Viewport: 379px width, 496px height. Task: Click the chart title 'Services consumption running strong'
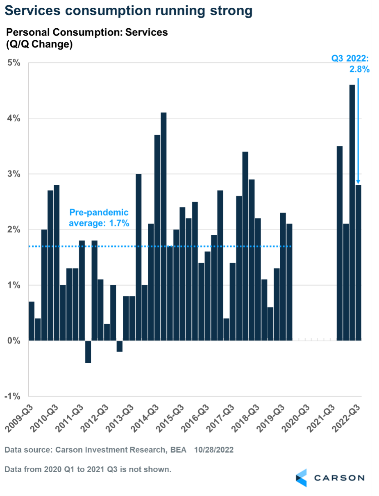coord(128,11)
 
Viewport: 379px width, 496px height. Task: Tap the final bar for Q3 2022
coord(359,262)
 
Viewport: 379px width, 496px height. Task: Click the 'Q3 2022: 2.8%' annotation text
coord(351,64)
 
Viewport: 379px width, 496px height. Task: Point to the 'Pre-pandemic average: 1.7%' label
coord(99,218)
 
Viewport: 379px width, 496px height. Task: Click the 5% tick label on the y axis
coord(13,63)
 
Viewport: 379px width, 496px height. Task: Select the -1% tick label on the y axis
coord(12,396)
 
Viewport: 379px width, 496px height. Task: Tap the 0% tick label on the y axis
coord(13,341)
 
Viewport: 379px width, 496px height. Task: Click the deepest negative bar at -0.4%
coord(88,352)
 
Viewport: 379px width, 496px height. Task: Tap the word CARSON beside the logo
coord(339,478)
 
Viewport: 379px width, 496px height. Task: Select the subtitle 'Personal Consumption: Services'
coord(87,32)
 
